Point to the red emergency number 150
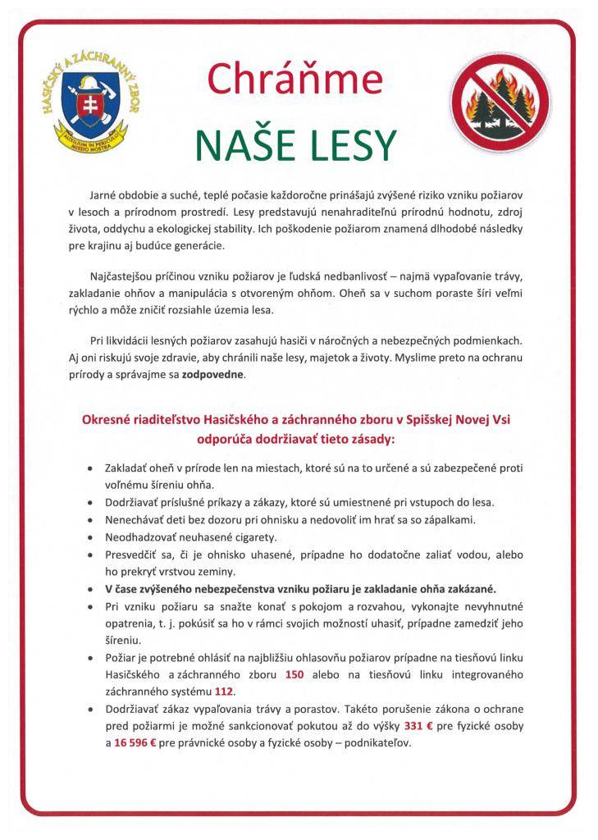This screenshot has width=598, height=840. (295, 674)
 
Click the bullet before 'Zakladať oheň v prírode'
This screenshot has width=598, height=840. (89, 468)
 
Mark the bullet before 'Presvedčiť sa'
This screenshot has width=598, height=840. (89, 555)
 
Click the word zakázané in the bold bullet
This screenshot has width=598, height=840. (472, 589)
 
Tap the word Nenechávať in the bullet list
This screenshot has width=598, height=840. (137, 519)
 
